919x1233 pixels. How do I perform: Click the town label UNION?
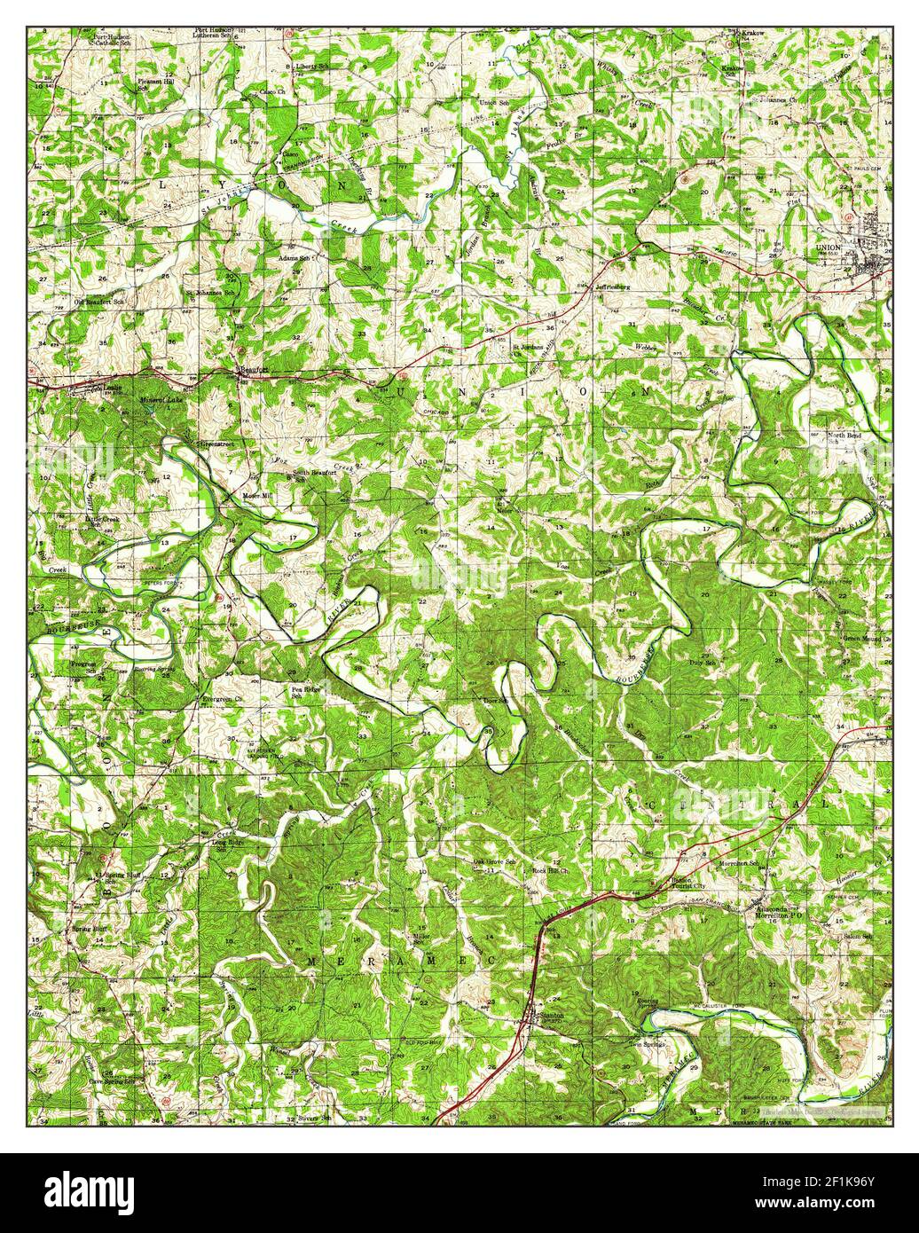click(828, 247)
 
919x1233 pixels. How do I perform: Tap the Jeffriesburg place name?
click(612, 287)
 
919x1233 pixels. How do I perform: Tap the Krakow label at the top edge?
click(752, 32)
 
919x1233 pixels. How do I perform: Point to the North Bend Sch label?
click(820, 439)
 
